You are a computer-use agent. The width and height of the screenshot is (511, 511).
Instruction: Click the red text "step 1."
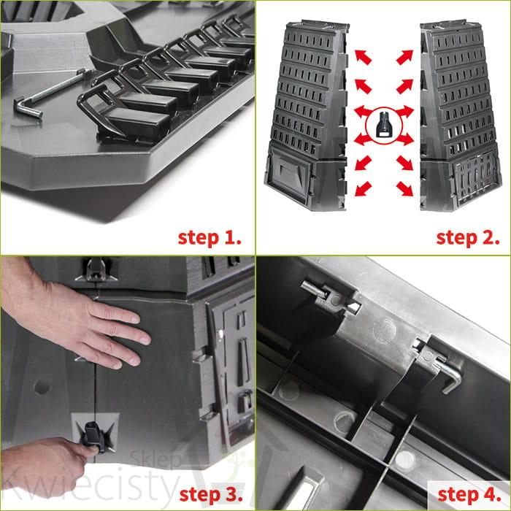coord(210,238)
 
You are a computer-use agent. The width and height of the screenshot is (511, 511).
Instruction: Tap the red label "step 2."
coord(468,238)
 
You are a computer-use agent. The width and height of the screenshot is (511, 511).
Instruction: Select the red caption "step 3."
coord(211,495)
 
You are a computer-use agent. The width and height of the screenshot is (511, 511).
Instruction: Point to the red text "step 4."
coord(469,495)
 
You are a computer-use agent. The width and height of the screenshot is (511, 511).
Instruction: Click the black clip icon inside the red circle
coord(383,126)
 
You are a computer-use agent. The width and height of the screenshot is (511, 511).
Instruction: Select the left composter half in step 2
coord(307,115)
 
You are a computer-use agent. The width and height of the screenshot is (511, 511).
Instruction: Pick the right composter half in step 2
coord(459,115)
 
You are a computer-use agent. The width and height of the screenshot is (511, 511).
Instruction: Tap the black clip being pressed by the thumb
coord(94,437)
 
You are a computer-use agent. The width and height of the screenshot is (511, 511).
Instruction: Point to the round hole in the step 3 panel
coord(42,387)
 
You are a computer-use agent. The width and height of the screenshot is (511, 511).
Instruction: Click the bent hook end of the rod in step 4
coord(453,380)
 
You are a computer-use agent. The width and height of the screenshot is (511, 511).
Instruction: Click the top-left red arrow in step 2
coord(363,57)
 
